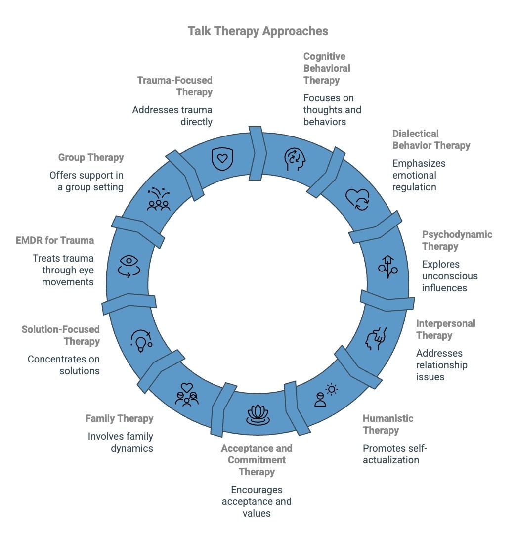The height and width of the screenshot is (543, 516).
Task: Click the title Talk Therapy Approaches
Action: coord(258,31)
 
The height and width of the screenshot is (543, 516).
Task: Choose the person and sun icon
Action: coord(325,395)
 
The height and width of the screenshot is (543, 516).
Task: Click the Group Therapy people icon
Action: coord(159,199)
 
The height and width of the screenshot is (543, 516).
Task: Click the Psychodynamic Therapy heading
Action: coord(457,240)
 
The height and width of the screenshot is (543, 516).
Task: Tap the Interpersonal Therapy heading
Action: coord(445,329)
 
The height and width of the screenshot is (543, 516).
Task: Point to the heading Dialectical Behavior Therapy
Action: coord(431,139)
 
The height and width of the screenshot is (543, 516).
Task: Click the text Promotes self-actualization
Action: coord(394,454)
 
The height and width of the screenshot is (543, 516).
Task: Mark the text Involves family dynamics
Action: coord(120,442)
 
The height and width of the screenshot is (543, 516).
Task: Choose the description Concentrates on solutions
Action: coord(63,365)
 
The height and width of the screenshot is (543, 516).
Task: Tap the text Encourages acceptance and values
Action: coord(257,501)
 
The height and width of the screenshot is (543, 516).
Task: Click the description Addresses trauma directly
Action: coord(172,116)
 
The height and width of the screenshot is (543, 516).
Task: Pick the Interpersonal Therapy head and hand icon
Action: coord(375,339)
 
